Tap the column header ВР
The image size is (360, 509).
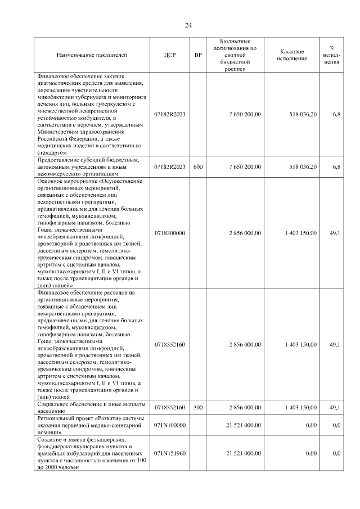(198, 55)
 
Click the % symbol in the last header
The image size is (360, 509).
(331, 47)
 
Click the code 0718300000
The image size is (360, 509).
(170, 233)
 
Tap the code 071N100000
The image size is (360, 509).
(170, 426)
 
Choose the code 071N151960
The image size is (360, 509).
(170, 453)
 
